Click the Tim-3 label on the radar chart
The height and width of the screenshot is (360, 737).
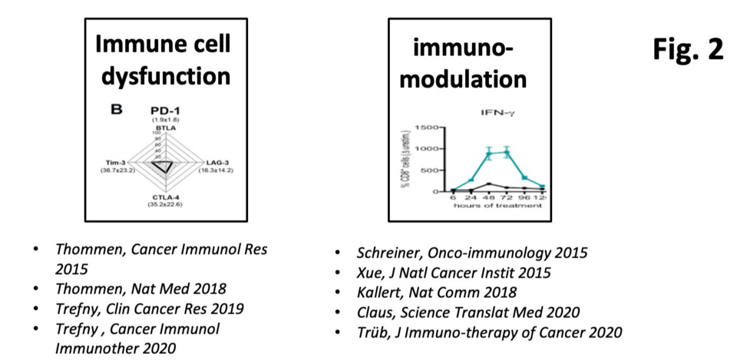pyautogui.click(x=113, y=163)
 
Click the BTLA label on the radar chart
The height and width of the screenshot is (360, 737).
pyautogui.click(x=161, y=127)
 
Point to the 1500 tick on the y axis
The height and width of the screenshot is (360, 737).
pyautogui.click(x=426, y=127)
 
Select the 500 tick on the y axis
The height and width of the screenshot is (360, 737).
pyautogui.click(x=428, y=170)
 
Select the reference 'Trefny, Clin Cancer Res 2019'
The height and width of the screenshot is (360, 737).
pyautogui.click(x=149, y=309)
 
